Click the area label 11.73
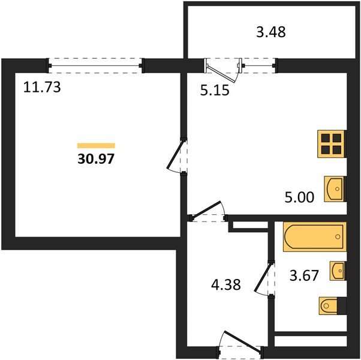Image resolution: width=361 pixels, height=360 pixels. [42, 88]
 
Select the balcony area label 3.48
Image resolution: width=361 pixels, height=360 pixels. [270, 32]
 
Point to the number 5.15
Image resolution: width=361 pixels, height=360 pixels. [215, 91]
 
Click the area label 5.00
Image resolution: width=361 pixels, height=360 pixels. [299, 197]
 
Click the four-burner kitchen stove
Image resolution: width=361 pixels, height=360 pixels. [332, 144]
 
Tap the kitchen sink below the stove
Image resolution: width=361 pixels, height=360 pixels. [335, 189]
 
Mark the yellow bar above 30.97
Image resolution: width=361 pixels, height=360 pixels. [96, 145]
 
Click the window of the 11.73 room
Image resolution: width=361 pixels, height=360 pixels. [96, 65]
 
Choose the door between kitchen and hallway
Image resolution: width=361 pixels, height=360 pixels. [207, 211]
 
